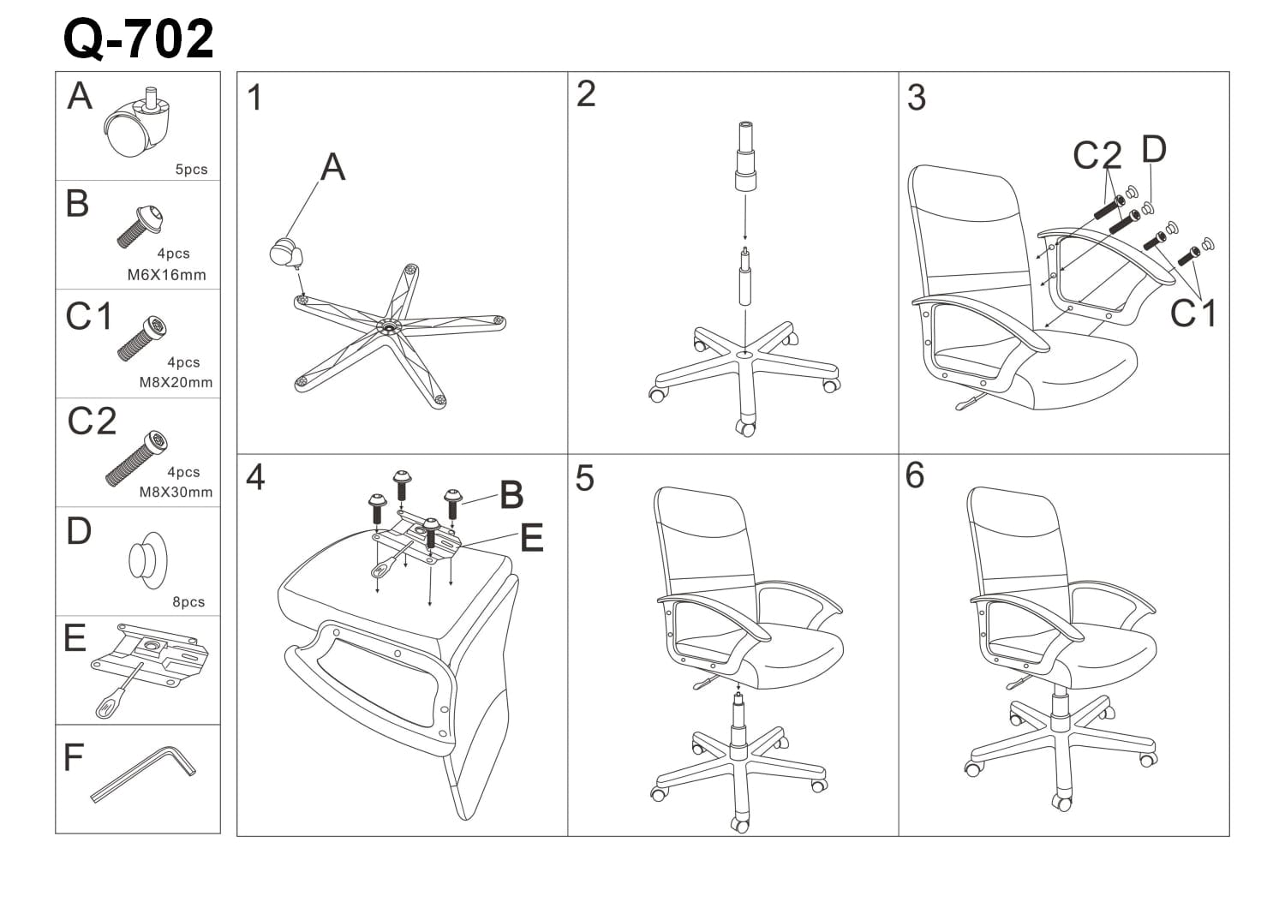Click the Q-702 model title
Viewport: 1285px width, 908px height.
pos(139,39)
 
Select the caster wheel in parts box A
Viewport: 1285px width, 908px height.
pos(139,125)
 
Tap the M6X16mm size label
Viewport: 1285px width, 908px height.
pos(166,275)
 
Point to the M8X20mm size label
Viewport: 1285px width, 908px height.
pos(176,383)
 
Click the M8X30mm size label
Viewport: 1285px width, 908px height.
pos(176,493)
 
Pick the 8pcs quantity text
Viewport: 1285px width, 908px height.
pos(188,602)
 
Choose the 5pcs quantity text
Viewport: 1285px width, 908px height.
pos(191,170)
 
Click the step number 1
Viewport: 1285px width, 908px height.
pos(254,99)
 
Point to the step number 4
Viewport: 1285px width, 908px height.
pos(255,477)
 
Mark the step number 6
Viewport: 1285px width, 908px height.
pos(915,475)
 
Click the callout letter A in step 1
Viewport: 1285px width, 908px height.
pos(332,168)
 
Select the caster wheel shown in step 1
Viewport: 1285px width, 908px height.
pos(284,252)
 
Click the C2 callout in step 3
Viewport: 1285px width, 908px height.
pos(1097,156)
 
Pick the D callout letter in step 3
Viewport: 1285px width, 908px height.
pos(1154,150)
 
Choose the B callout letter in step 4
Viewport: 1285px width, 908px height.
pos(511,495)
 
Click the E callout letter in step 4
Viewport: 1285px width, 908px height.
pos(531,539)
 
